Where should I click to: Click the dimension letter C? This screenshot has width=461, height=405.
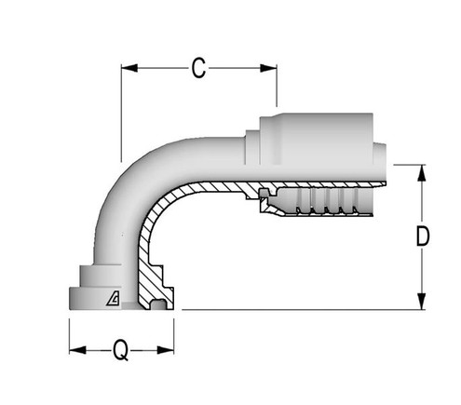tap(198, 68)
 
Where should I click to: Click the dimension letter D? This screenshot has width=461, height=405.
tap(422, 237)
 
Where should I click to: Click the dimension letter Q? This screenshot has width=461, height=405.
tap(121, 351)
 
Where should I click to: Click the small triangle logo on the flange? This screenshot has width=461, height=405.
tap(113, 298)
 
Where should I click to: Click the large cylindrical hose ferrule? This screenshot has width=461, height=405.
tap(317, 135)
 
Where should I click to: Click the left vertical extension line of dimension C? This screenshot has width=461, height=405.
tap(121, 112)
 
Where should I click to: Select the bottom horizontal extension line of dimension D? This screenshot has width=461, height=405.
tap(298, 309)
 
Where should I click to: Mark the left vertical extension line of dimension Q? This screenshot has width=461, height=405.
tap(70, 335)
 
